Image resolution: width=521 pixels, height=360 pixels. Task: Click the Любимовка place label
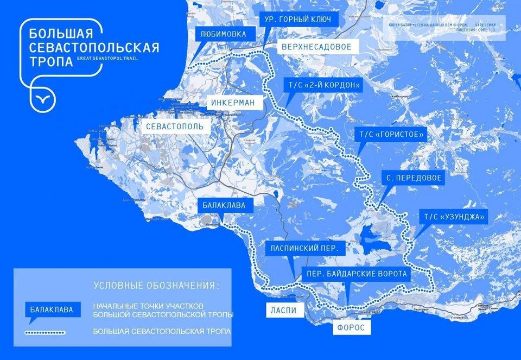click(x=223, y=34)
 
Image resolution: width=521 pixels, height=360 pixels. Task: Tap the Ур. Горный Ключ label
click(x=299, y=20)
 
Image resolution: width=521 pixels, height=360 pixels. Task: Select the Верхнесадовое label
click(x=316, y=47)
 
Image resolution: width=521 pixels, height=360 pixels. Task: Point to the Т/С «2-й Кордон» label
click(x=322, y=85)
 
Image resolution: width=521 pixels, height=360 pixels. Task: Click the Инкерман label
click(x=234, y=102)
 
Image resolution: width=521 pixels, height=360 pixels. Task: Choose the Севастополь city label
click(x=175, y=127)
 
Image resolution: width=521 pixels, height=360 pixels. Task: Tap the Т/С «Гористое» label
click(x=388, y=134)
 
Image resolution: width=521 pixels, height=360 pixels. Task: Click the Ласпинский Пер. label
click(x=304, y=249)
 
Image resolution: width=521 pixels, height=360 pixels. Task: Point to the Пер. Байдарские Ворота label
click(x=356, y=274)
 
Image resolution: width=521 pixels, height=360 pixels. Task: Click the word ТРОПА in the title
click(x=52, y=61)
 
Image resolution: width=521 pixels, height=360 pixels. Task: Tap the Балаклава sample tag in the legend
click(x=53, y=310)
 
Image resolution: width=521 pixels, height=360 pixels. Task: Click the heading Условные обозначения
click(x=157, y=286)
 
